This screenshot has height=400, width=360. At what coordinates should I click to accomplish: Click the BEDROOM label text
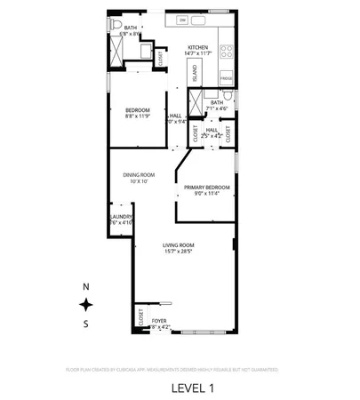[137, 109]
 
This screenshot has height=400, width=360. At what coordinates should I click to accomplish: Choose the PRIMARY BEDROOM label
[206, 187]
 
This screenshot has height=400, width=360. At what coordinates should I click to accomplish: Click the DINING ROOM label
[139, 174]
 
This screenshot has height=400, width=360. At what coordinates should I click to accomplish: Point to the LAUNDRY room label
[121, 216]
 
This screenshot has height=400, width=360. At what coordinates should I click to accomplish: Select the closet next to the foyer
[140, 316]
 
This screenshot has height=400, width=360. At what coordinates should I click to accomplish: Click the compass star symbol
[86, 304]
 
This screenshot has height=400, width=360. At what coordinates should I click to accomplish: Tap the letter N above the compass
[86, 286]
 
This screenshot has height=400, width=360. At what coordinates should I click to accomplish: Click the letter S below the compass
[86, 324]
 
